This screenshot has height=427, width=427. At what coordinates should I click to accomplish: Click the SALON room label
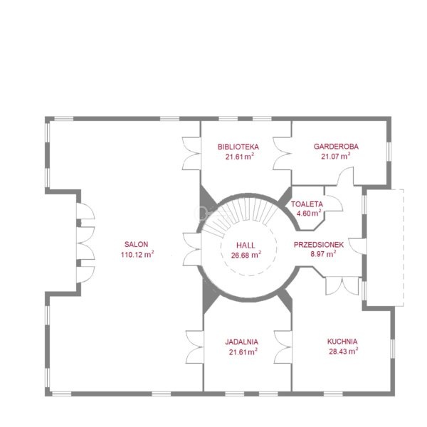click(x=136, y=244)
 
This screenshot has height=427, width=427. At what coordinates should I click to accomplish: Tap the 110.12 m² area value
click(x=137, y=254)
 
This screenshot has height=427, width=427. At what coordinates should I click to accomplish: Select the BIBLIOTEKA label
click(x=238, y=147)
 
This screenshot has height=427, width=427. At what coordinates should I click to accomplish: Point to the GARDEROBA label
click(x=336, y=147)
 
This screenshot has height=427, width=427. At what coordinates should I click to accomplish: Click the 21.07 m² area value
click(x=335, y=156)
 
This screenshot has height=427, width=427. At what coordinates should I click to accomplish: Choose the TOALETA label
click(x=307, y=204)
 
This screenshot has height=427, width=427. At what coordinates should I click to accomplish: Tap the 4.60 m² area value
click(x=309, y=213)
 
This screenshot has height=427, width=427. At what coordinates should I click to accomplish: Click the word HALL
click(x=246, y=246)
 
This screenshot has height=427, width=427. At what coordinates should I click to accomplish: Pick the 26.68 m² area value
click(x=246, y=255)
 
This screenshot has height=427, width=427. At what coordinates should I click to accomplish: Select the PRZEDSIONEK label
click(x=319, y=245)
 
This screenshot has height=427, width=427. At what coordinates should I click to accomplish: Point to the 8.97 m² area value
click(x=323, y=254)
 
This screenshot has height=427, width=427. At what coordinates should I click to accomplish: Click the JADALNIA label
click(x=242, y=342)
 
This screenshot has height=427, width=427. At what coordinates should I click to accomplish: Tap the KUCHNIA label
click(x=342, y=342)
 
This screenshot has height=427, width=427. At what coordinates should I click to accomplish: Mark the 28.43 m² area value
click(x=344, y=352)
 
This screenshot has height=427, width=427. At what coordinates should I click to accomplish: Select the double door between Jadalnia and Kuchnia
click(x=283, y=347)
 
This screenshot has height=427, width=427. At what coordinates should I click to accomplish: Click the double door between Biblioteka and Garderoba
click(x=282, y=154)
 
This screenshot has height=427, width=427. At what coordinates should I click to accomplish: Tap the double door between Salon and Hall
click(x=192, y=249)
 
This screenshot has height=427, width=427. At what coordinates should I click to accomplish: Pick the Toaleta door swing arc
click(x=334, y=203)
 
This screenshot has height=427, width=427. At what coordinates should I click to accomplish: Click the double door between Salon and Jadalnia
click(x=195, y=347)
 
